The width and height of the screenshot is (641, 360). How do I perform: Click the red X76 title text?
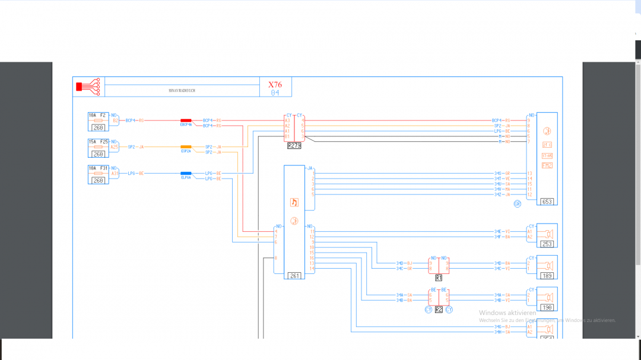pos(275,85)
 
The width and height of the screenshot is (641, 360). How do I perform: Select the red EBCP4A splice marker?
pos(186,120)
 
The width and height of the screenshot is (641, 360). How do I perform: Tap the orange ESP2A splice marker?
pos(186,146)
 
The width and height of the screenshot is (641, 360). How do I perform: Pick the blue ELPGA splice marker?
pos(186,173)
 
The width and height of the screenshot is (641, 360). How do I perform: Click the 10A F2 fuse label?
pos(97,115)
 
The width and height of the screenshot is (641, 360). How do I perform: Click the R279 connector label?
pos(294,145)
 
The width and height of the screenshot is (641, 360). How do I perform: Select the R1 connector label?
pos(439,278)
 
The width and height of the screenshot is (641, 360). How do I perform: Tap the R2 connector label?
pos(439,310)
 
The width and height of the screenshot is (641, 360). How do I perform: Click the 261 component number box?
pos(294,276)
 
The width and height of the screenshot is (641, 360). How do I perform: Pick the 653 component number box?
pos(547,202)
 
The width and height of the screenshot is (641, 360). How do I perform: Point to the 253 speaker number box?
pos(547,244)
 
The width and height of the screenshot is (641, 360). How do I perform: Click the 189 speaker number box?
pos(547,276)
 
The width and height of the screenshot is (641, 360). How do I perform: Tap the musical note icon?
pos(294,202)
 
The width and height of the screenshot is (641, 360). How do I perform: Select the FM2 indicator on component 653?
pos(547,165)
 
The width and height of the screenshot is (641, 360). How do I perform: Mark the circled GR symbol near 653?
pos(518,204)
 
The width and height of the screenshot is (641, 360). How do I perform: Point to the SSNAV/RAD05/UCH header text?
pos(182,91)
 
